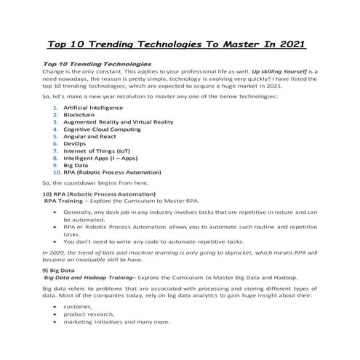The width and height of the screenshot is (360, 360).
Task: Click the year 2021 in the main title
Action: point(289,43)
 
